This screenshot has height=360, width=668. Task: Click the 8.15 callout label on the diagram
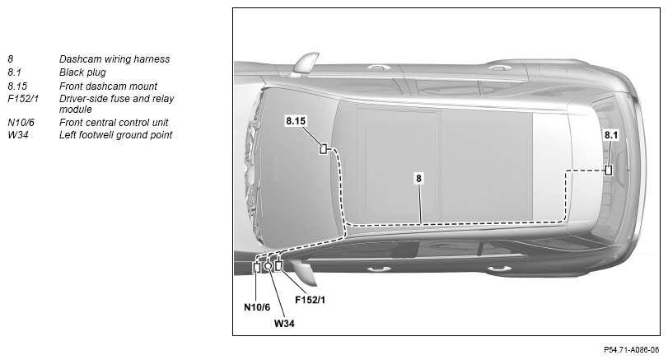[296, 121]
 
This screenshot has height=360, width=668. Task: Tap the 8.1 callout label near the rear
[611, 135]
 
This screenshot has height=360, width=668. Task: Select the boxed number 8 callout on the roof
[418, 179]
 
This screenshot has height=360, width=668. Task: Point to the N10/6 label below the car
[257, 307]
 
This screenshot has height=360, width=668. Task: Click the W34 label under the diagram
[284, 324]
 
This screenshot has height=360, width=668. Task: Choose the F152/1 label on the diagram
[311, 300]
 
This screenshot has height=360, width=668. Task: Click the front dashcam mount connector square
[324, 149]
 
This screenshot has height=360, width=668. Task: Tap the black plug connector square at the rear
[609, 170]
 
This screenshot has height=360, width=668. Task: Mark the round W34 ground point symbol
[268, 266]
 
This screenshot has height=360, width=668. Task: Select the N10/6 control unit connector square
[256, 268]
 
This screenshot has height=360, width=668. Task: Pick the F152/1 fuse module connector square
[278, 265]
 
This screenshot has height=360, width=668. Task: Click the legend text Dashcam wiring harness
[114, 59]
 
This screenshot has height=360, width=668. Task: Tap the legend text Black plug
[82, 72]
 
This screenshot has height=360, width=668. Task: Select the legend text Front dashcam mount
[108, 86]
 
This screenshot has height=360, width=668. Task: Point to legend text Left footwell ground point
[115, 135]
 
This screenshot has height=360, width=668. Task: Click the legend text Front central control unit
[114, 123]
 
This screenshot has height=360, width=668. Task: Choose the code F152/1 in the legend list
[23, 99]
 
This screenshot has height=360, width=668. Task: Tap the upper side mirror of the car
[305, 64]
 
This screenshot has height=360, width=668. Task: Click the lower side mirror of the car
[306, 274]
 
